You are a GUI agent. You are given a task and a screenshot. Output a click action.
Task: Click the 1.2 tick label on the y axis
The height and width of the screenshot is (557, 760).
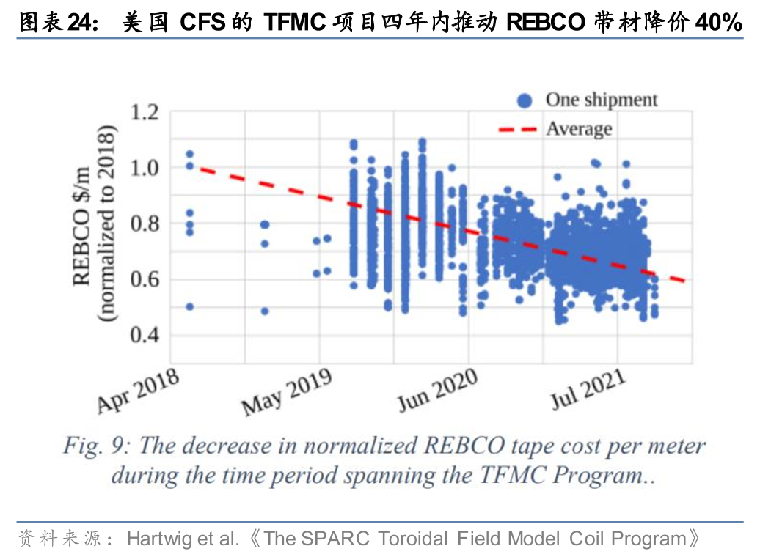tap(145, 112)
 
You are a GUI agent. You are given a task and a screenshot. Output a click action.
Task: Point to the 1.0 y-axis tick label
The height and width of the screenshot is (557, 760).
tap(145, 168)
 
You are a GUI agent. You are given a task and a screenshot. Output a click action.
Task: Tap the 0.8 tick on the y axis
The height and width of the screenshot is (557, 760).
tap(145, 224)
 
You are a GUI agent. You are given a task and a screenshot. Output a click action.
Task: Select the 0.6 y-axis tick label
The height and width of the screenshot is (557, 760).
tap(145, 279)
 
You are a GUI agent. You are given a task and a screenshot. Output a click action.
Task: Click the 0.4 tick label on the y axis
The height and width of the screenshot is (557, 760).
tap(145, 335)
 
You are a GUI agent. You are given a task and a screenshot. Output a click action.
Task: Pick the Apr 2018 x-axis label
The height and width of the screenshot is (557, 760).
tap(139, 391)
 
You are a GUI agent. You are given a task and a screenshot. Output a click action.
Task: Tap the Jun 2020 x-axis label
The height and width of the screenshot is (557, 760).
tap(437, 391)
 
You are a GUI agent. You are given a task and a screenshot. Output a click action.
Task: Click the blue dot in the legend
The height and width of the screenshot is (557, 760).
tap(524, 100)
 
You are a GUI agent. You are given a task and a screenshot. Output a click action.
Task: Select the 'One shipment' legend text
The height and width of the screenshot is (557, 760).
tap(602, 100)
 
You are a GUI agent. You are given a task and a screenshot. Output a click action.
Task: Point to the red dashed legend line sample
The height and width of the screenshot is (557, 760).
tap(518, 130)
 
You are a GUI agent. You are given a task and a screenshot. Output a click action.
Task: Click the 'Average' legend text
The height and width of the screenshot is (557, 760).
tap(579, 130)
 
